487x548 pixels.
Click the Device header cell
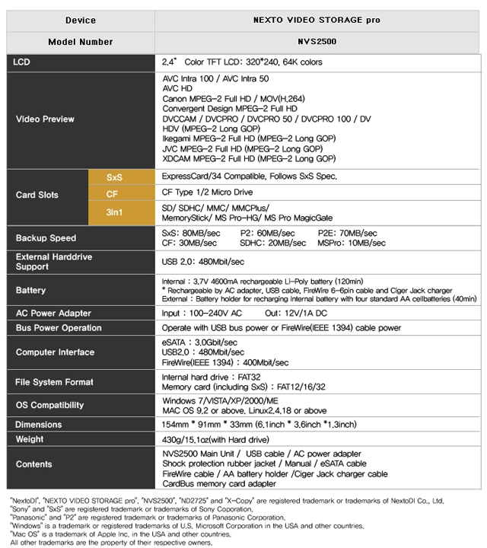(81, 20)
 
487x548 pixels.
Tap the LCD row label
(23, 61)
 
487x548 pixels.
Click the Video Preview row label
(46, 119)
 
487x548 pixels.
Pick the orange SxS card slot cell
(114, 177)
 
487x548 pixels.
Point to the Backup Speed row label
(46, 238)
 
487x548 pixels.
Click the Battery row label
(31, 291)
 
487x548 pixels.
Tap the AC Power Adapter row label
(53, 314)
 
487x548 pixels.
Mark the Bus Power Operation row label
(59, 328)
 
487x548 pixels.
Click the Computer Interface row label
(55, 352)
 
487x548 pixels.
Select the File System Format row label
(55, 382)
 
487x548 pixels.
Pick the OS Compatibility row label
(51, 405)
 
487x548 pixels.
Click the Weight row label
(30, 440)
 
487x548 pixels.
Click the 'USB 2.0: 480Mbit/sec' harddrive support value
(203, 262)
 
